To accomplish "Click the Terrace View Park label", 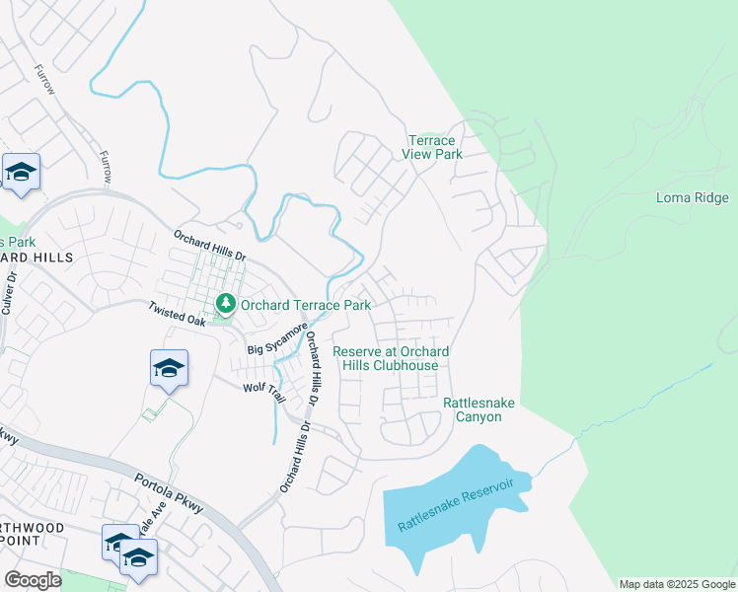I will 432,148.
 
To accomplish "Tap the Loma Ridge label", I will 692,197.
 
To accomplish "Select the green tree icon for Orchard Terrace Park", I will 227,302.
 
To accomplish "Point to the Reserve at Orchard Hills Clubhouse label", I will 391,358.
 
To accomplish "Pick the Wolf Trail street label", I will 264,393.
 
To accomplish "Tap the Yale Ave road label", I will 149,526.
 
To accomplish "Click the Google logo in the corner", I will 32,580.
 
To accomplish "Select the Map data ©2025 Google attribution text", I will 676,584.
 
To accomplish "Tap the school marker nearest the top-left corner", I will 21,173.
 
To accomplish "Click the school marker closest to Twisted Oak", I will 169,369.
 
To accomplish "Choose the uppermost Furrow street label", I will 44,80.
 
